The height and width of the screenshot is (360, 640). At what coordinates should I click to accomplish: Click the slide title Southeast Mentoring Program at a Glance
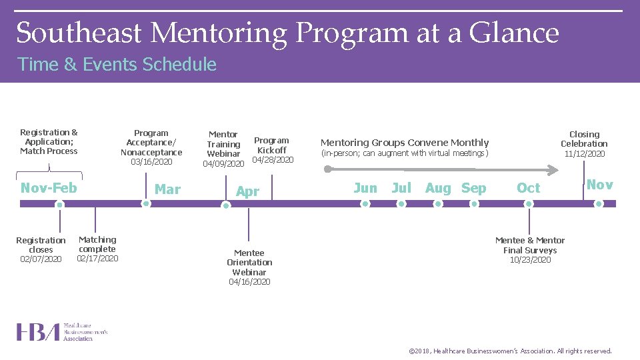pyautogui.click(x=287, y=33)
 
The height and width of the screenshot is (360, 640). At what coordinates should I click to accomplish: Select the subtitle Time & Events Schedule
pyautogui.click(x=117, y=65)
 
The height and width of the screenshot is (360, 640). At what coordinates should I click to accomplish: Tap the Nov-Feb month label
pyautogui.click(x=49, y=188)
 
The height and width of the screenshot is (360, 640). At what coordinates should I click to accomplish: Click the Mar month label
pyautogui.click(x=167, y=189)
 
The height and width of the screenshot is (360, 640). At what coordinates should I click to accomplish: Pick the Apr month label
pyautogui.click(x=247, y=191)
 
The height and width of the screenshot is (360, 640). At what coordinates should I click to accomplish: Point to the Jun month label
pyautogui.click(x=365, y=188)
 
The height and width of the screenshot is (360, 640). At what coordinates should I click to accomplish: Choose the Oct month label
pyautogui.click(x=529, y=188)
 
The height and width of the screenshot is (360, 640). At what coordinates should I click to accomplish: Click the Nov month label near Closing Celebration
pyautogui.click(x=599, y=185)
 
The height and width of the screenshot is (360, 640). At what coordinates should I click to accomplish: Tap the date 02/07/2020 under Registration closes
pyautogui.click(x=41, y=259)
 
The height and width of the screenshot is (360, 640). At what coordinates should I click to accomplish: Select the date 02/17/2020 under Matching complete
pyautogui.click(x=97, y=259)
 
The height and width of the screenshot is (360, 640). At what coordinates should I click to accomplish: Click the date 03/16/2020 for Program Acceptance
pyautogui.click(x=151, y=162)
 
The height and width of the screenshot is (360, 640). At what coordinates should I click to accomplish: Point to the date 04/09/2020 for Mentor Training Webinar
pyautogui.click(x=223, y=163)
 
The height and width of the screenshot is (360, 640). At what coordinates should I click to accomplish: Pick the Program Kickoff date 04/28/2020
pyautogui.click(x=273, y=159)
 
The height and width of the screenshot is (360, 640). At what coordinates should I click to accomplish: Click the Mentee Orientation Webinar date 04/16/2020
pyautogui.click(x=249, y=282)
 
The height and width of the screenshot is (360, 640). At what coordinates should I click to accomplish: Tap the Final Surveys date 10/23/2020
pyautogui.click(x=530, y=260)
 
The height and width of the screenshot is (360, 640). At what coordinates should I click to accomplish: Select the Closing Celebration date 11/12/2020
pyautogui.click(x=585, y=153)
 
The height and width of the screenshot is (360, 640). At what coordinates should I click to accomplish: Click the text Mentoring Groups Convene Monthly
pyautogui.click(x=405, y=143)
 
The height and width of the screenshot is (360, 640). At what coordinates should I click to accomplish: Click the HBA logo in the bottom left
pyautogui.click(x=61, y=332)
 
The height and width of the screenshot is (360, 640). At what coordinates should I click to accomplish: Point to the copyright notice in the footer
pyautogui.click(x=509, y=351)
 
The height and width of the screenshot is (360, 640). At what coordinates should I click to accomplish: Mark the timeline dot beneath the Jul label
pyautogui.click(x=401, y=204)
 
